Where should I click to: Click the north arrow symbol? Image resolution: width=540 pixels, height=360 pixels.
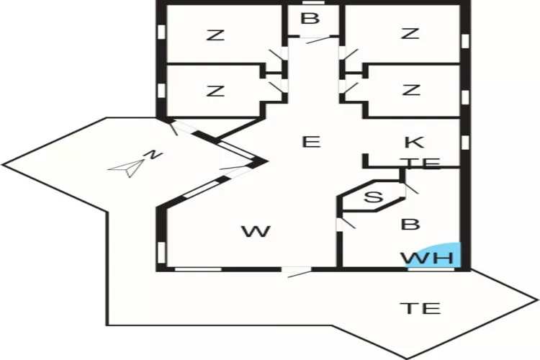coord(125,168)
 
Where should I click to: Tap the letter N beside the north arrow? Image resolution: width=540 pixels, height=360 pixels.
coord(152,154)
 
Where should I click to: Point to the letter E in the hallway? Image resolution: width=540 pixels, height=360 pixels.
coord(310,142)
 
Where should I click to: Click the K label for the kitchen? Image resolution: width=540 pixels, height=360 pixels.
coord(413,142)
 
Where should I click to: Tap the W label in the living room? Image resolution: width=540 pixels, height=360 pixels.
coord(256,232)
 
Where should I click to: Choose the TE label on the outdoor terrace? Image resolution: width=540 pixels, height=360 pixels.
coord(420,309)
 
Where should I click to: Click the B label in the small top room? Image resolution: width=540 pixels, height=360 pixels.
coord(310,19)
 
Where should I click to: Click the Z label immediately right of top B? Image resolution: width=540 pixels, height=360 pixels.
coord(410,33)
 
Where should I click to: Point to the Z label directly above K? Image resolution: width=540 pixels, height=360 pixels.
coord(410,91)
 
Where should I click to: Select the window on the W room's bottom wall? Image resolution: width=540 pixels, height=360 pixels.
coord(198,269)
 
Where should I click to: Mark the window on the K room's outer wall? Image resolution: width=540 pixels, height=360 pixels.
coord(464,140)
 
